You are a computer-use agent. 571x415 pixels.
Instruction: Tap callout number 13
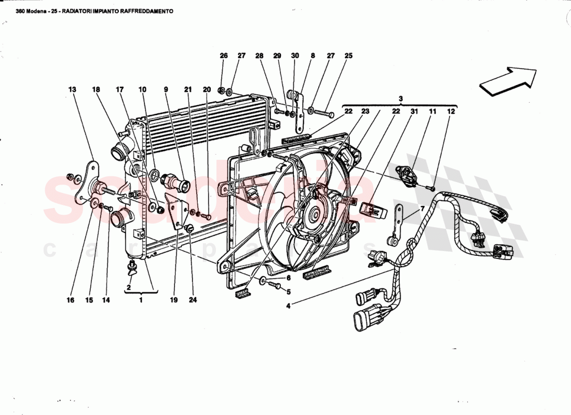72,90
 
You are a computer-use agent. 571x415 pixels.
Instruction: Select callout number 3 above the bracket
401,98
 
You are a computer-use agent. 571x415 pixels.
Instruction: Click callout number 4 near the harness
288,305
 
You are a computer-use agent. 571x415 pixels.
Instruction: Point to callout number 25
348,56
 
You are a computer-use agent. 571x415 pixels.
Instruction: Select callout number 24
193,299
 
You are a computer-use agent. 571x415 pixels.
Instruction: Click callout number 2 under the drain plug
128,287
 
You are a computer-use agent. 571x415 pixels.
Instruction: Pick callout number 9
166,90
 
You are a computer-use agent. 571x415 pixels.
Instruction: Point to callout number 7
422,209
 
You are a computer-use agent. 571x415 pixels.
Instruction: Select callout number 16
70,300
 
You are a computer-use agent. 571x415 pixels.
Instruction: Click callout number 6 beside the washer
289,278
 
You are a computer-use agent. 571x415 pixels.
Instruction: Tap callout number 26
224,56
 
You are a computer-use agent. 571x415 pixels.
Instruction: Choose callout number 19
174,299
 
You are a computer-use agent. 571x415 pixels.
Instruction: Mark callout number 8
313,56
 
